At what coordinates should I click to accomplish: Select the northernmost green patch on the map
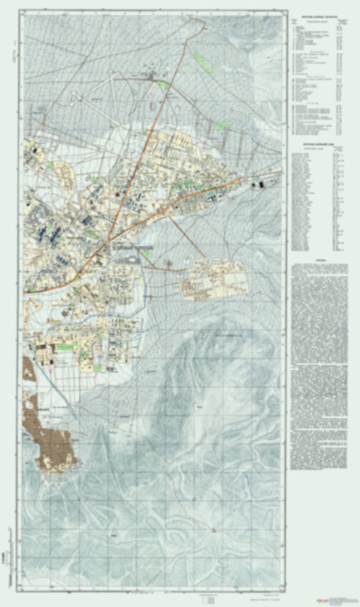(x=200, y=59)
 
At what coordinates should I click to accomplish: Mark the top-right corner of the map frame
(x=286, y=13)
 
